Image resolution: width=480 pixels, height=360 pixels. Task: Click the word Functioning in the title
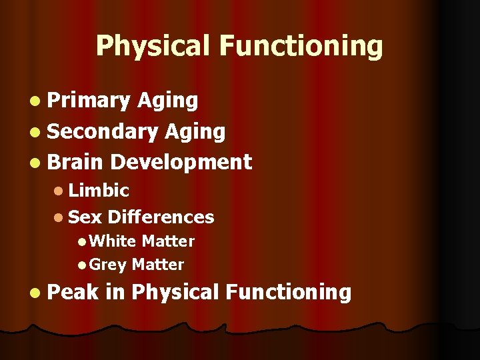pyautogui.click(x=301, y=47)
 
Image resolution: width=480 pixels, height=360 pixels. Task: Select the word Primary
pyautogui.click(x=89, y=101)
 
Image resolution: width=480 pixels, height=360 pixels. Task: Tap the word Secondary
pyautogui.click(x=101, y=131)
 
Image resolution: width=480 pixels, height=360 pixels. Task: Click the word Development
pyautogui.click(x=181, y=162)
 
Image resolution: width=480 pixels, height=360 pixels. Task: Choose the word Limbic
pyautogui.click(x=99, y=191)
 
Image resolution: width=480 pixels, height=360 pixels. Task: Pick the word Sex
pyautogui.click(x=85, y=217)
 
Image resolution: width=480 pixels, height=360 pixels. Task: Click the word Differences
pyautogui.click(x=161, y=217)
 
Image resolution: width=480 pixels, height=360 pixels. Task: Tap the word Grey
pyautogui.click(x=108, y=265)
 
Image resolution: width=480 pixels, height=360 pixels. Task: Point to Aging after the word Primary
pyautogui.click(x=167, y=101)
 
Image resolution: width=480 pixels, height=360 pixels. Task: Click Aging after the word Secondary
pyautogui.click(x=195, y=131)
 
